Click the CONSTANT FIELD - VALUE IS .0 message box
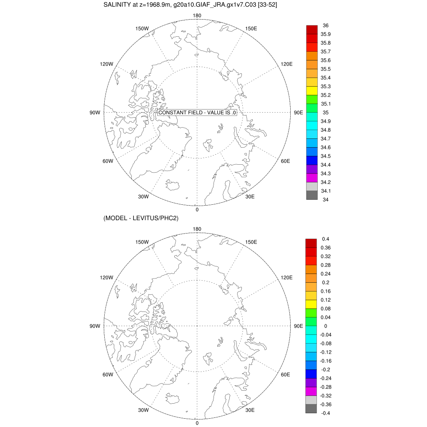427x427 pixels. pyautogui.click(x=198, y=113)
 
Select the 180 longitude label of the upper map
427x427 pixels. pyautogui.click(x=197, y=16)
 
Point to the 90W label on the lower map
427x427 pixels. pyautogui.click(x=95, y=326)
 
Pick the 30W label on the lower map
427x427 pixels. pyautogui.click(x=143, y=410)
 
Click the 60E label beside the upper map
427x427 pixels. pyautogui.click(x=285, y=161)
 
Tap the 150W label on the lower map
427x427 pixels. pyautogui.click(x=142, y=242)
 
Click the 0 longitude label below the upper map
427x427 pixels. pyautogui.click(x=197, y=209)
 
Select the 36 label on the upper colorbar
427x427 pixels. pyautogui.click(x=326, y=25)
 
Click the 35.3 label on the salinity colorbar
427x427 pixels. pyautogui.click(x=326, y=86)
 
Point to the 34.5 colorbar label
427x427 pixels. pyautogui.click(x=326, y=156)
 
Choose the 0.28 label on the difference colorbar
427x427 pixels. pyautogui.click(x=326, y=265)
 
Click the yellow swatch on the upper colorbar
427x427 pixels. pyautogui.click(x=312, y=90)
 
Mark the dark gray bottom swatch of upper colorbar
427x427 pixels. pyautogui.click(x=312, y=195)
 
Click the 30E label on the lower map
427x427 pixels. pyautogui.click(x=250, y=410)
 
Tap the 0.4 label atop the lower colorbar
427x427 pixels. pyautogui.click(x=326, y=239)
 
